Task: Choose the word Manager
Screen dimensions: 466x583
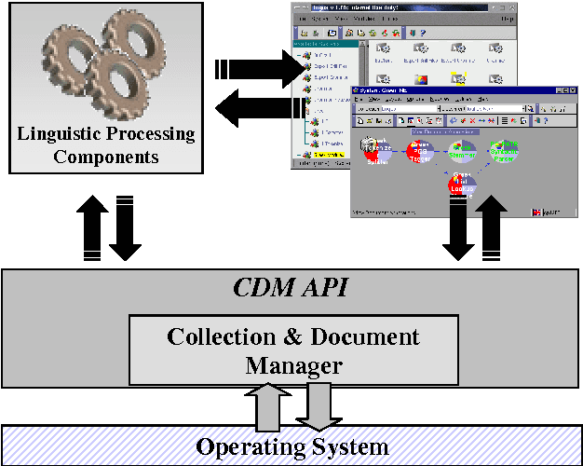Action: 292,364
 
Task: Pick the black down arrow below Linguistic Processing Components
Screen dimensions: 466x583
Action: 125,227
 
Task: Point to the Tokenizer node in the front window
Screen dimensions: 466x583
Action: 374,152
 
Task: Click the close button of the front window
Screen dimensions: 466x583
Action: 572,89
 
